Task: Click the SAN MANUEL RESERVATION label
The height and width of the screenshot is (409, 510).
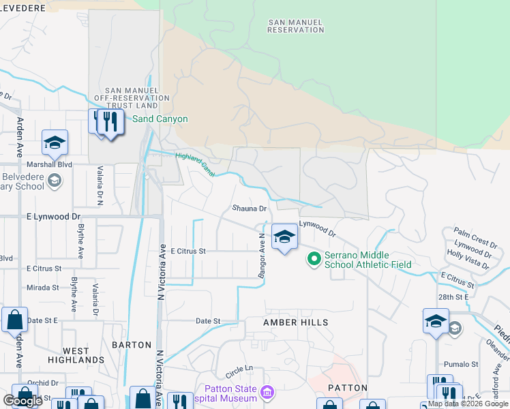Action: pyautogui.click(x=295, y=26)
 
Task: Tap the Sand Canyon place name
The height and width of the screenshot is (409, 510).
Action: pyautogui.click(x=160, y=119)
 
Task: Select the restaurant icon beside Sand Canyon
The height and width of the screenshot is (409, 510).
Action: pyautogui.click(x=110, y=123)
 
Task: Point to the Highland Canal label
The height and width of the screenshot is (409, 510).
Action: pyautogui.click(x=195, y=165)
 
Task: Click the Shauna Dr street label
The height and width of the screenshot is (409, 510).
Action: pyautogui.click(x=248, y=209)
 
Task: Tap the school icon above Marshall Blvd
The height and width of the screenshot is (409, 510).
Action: pyautogui.click(x=55, y=142)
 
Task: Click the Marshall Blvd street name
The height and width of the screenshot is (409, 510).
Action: pyautogui.click(x=49, y=164)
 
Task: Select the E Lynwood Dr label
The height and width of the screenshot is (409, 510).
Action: pyautogui.click(x=53, y=216)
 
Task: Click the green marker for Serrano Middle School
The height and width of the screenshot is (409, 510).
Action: pyautogui.click(x=314, y=259)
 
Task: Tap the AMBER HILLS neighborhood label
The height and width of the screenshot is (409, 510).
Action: pyautogui.click(x=296, y=322)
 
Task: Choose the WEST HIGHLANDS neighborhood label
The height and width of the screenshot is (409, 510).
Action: pyautogui.click(x=76, y=354)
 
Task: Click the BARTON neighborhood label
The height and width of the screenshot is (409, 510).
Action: pyautogui.click(x=132, y=345)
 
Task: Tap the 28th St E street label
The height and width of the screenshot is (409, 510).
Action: pyautogui.click(x=453, y=297)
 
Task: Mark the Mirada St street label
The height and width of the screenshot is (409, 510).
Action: pyautogui.click(x=43, y=288)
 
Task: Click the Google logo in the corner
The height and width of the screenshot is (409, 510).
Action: pyautogui.click(x=23, y=400)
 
